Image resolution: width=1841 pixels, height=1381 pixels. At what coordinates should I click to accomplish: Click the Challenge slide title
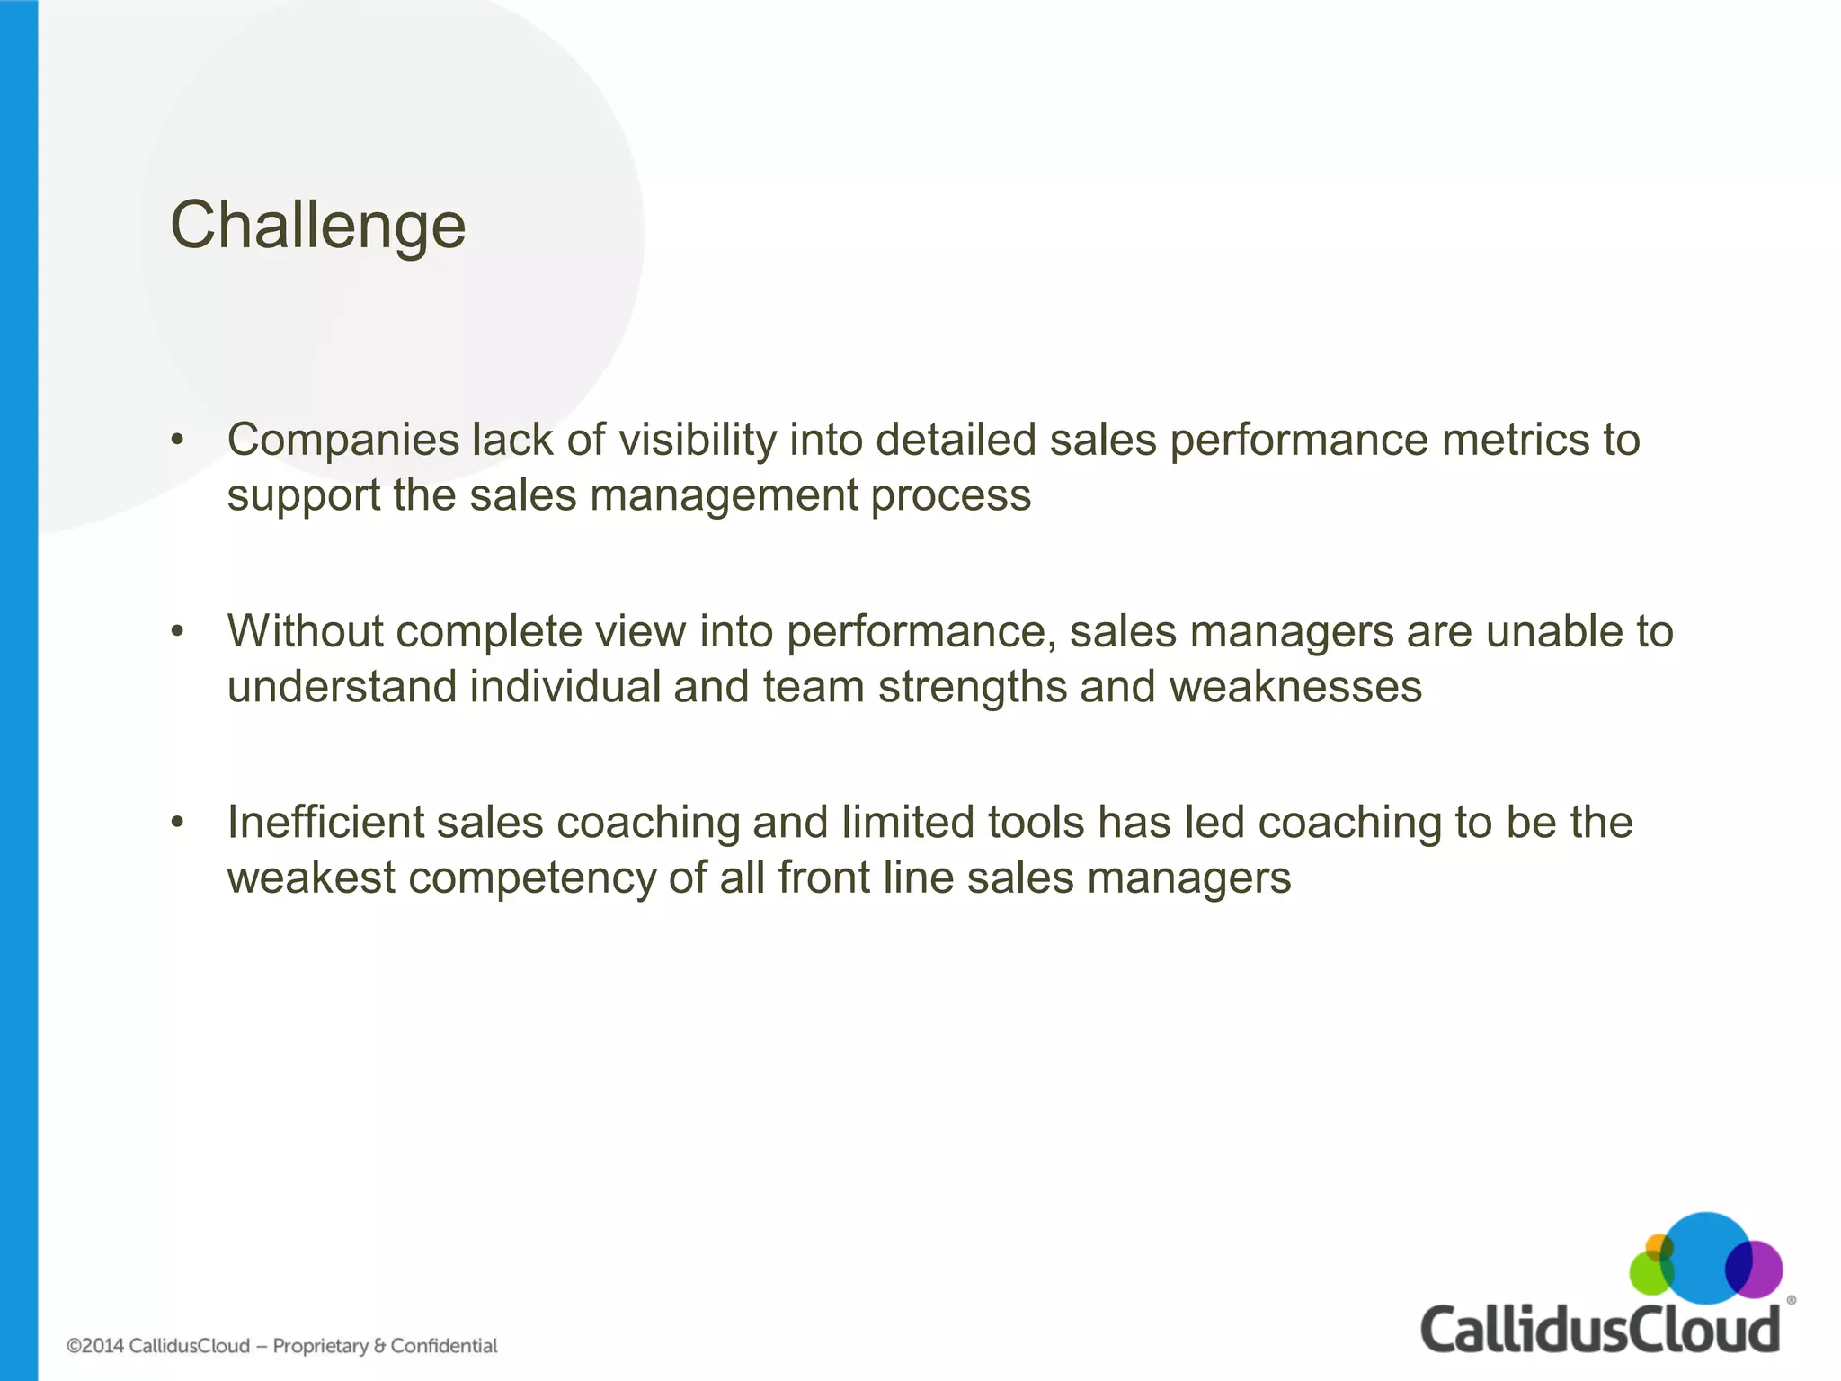pyautogui.click(x=318, y=225)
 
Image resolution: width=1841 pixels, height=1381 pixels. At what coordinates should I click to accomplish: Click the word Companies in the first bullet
pyautogui.click(x=343, y=441)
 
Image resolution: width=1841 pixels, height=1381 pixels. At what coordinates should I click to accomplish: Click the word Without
pyautogui.click(x=306, y=631)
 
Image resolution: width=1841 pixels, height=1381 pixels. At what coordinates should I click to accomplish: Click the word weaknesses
pyautogui.click(x=1295, y=687)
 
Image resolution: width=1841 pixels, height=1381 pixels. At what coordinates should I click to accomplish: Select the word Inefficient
pyautogui.click(x=325, y=823)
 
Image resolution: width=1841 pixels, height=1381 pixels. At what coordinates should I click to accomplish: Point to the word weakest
pyautogui.click(x=311, y=878)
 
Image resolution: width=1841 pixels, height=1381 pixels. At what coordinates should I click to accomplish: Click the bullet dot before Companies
pyautogui.click(x=178, y=441)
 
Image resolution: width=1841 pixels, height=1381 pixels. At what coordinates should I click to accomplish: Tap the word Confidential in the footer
pyautogui.click(x=444, y=1346)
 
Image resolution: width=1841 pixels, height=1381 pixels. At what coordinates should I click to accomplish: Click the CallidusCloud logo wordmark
pyautogui.click(x=1600, y=1330)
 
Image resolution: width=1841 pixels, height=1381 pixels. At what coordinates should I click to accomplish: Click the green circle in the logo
pyautogui.click(x=1648, y=1276)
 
